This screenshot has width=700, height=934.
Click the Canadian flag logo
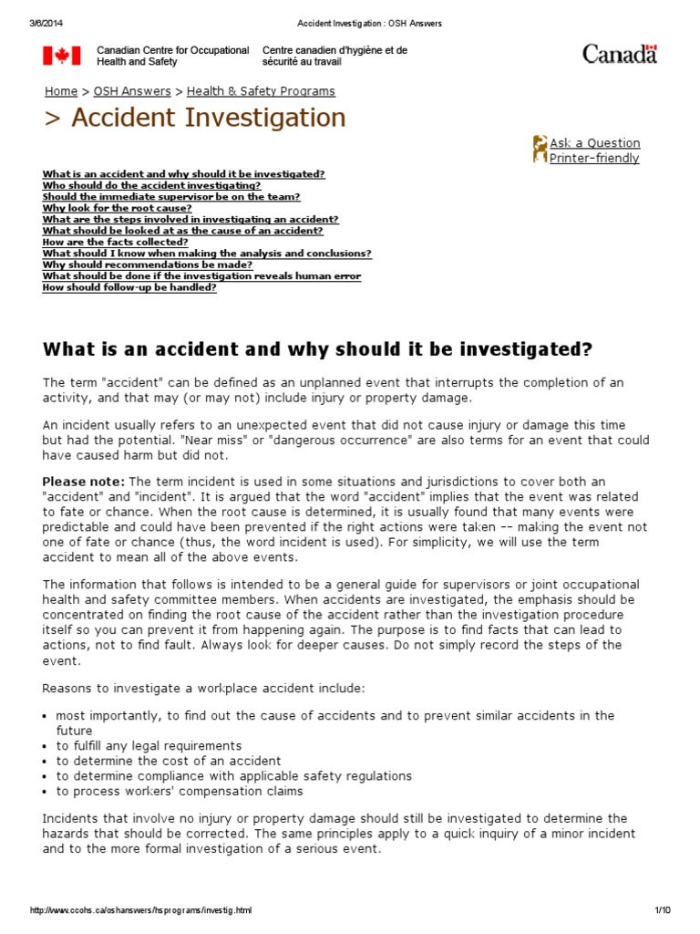point(61,56)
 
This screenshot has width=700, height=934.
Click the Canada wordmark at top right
point(620,55)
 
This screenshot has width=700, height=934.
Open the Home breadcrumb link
point(61,91)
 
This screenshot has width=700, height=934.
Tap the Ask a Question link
point(594,143)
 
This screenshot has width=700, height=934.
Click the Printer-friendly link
point(594,159)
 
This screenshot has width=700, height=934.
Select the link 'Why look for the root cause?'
point(117,208)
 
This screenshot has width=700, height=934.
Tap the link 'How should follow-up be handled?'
point(129,287)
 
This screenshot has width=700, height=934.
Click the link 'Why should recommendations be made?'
point(134,265)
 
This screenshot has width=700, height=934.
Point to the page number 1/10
point(662,910)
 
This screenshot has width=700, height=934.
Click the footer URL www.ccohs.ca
point(140,910)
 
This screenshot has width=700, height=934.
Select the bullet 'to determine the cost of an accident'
point(168,761)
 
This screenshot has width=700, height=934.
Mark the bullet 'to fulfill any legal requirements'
point(149,746)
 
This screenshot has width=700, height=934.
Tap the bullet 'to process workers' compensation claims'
point(180,792)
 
